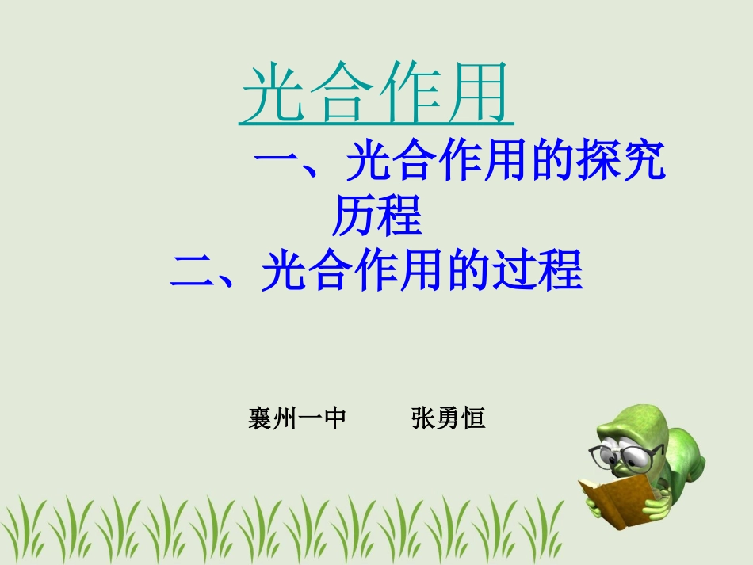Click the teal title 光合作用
[x=376, y=95]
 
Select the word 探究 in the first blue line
[x=621, y=163]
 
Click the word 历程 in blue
[x=376, y=216]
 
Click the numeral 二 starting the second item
[x=193, y=271]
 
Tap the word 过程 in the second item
[x=537, y=271]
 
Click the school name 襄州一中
[x=297, y=418]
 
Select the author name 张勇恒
[x=448, y=418]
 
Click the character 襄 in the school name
[x=261, y=418]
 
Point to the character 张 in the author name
[x=423, y=418]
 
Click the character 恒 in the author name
[x=473, y=418]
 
